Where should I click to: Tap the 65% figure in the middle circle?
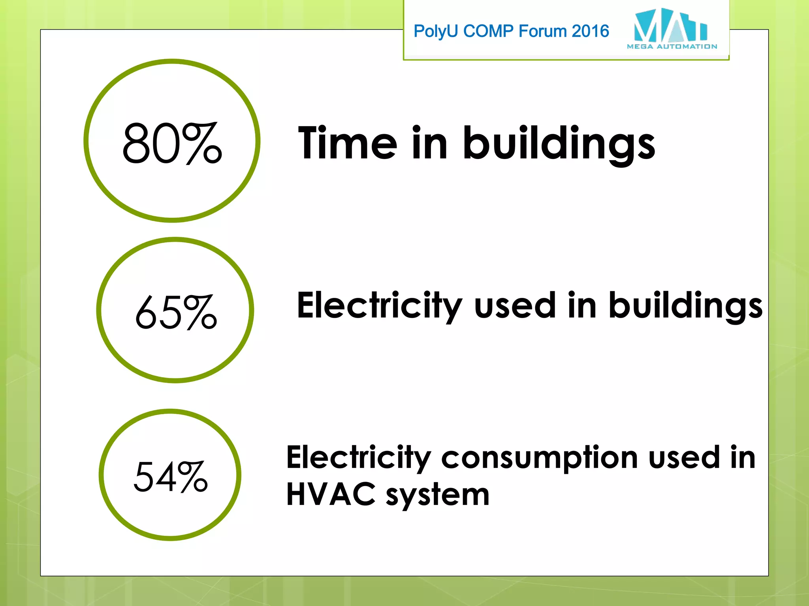[176, 312]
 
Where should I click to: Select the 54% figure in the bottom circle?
[171, 477]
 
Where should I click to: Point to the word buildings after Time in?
[559, 144]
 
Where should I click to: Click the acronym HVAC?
[331, 494]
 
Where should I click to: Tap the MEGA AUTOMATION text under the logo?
[672, 47]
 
